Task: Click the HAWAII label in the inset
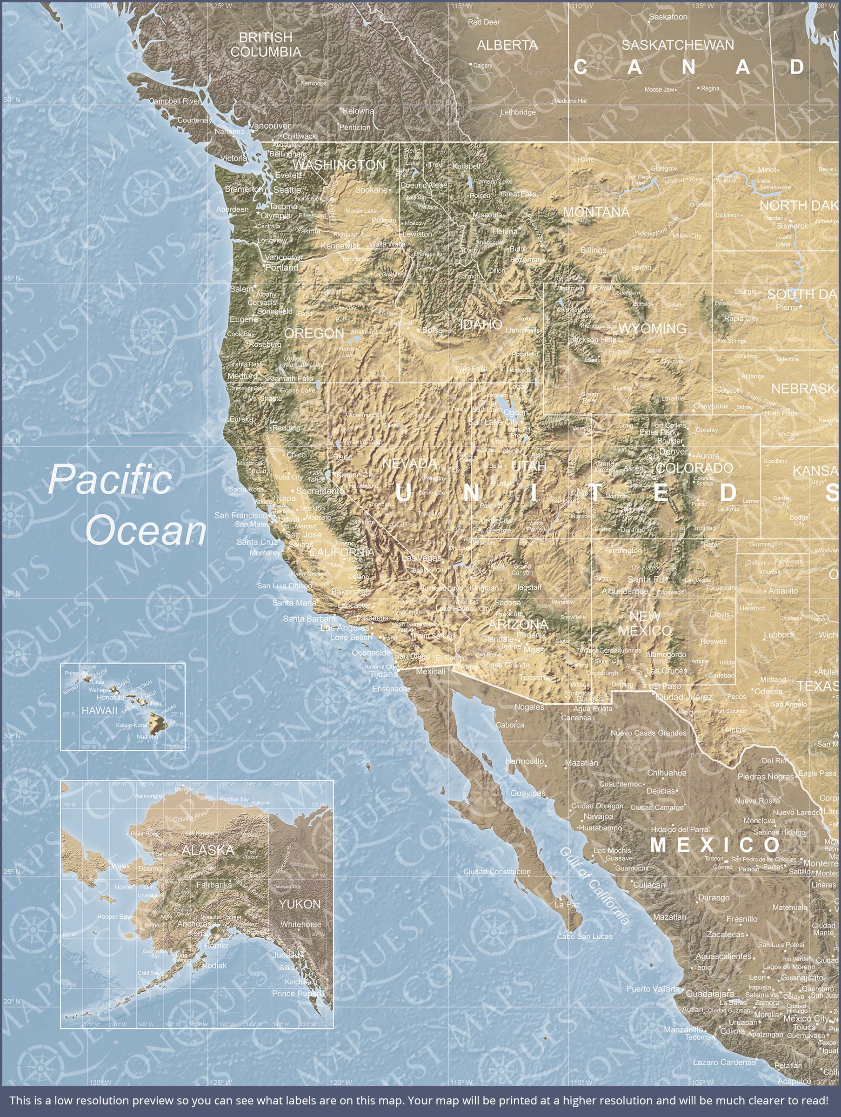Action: point(99,711)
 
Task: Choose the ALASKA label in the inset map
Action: point(207,850)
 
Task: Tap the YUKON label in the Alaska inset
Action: point(300,904)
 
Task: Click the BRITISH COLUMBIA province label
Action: point(266,44)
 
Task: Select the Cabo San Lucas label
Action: point(584,936)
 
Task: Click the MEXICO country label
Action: point(715,845)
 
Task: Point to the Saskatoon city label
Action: point(667,17)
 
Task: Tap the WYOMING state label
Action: point(652,329)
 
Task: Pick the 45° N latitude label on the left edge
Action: point(11,278)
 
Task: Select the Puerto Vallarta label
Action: point(653,989)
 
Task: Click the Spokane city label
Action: point(371,190)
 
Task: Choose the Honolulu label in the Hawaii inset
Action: point(110,697)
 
